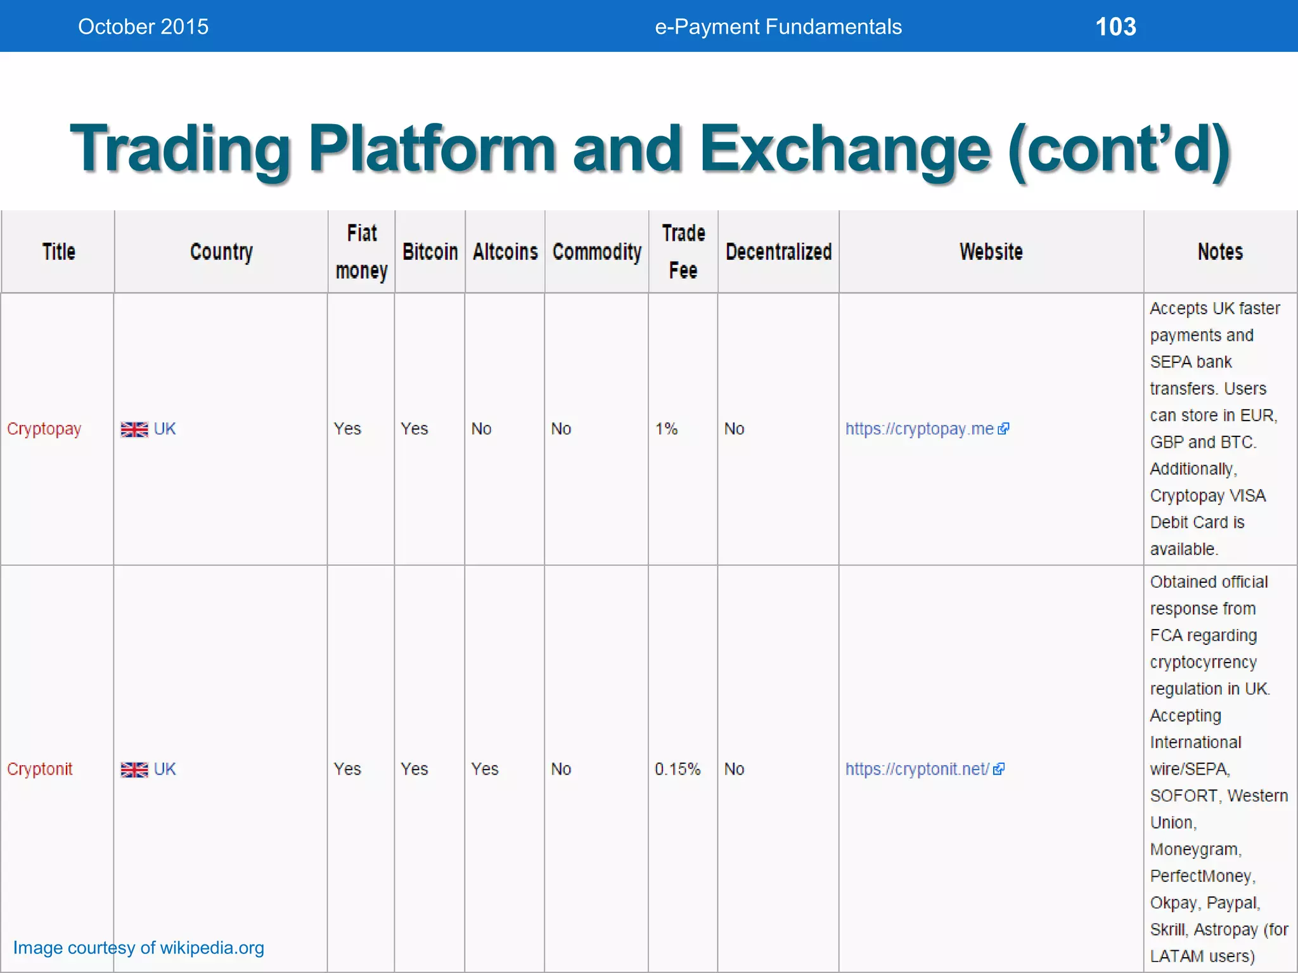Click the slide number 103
click(1115, 27)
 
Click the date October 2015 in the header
click(143, 27)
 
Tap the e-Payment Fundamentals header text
click(778, 27)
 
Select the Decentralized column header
click(778, 251)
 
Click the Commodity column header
click(596, 251)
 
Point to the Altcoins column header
click(505, 251)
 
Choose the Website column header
click(991, 251)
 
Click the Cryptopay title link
click(44, 429)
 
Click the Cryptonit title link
click(40, 769)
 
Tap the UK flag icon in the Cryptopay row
click(134, 429)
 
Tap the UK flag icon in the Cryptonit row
click(134, 770)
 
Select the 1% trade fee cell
click(666, 429)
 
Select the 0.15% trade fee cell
click(678, 769)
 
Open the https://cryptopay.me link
click(920, 429)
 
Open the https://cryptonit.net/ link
click(917, 769)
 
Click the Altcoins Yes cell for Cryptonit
click(485, 769)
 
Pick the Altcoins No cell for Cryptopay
click(481, 429)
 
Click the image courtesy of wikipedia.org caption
click(139, 948)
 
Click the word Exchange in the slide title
click(844, 149)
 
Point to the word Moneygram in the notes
click(1195, 849)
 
